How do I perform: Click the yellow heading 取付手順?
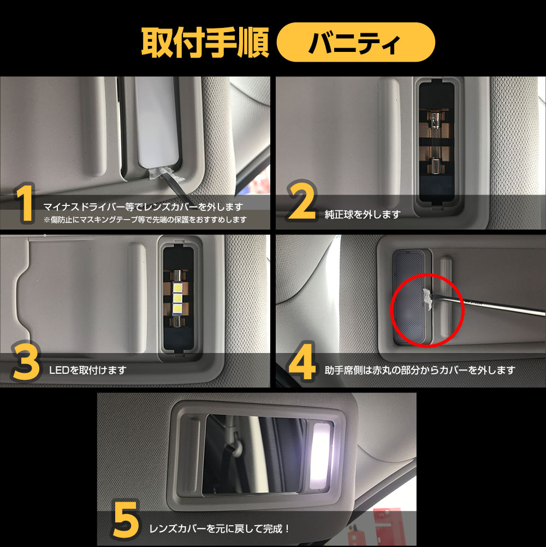tap(205, 43)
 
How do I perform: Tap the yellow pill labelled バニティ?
tap(355, 42)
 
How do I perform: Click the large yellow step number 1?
tap(25, 203)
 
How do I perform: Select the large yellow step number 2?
tap(302, 201)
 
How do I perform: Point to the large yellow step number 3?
tap(26, 362)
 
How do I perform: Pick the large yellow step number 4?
tap(302, 362)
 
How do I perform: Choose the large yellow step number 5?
tap(126, 520)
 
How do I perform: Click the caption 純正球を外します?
tap(362, 214)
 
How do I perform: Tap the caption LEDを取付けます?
tap(87, 370)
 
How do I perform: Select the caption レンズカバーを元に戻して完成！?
tap(219, 529)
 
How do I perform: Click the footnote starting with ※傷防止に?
tap(145, 220)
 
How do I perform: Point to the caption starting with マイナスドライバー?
tap(143, 207)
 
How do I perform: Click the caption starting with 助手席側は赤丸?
tap(420, 370)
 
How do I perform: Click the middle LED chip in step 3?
tap(178, 298)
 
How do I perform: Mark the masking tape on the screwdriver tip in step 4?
tap(428, 299)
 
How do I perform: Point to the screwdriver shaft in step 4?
tap(489, 306)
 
